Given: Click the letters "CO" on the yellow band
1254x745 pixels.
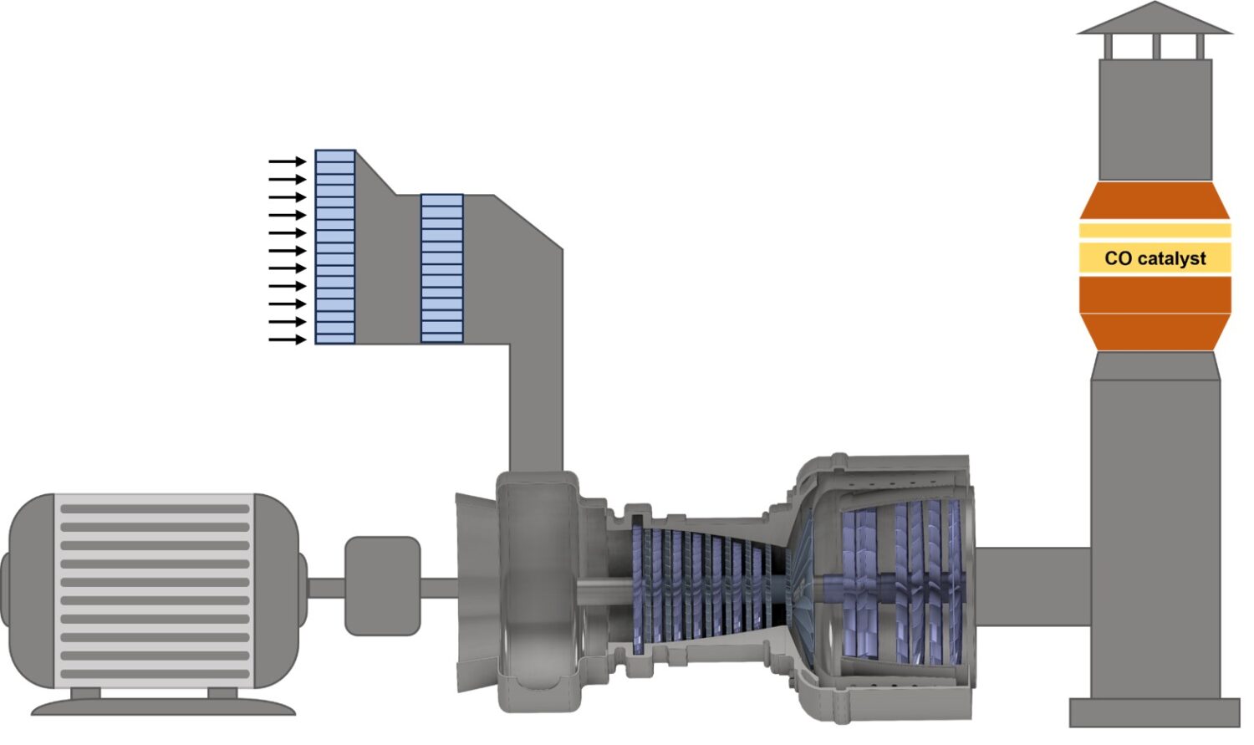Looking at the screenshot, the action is (1118, 258).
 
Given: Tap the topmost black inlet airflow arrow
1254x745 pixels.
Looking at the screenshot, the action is (288, 161).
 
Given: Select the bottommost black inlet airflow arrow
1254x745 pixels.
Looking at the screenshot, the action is (288, 339).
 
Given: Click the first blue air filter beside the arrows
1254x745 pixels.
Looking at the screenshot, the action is (334, 247).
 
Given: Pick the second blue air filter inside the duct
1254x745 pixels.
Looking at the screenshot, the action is (442, 268).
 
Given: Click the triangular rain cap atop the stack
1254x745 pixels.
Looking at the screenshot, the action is (1155, 18).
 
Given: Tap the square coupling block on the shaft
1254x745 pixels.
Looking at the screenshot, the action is (382, 585).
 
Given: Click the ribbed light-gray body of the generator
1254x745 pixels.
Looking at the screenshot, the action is (155, 591).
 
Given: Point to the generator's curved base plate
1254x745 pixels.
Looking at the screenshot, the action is (163, 707).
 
